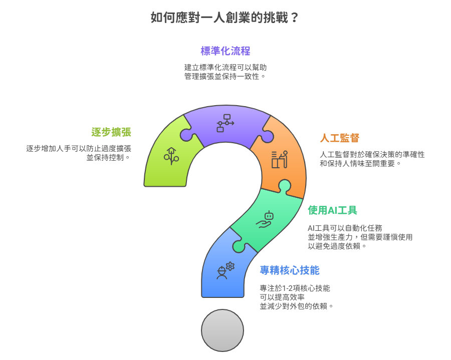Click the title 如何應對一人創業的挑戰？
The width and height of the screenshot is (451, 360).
(224, 18)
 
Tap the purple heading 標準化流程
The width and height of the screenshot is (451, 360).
(225, 51)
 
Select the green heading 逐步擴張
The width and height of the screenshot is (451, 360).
(111, 132)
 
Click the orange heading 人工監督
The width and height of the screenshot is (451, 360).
(340, 138)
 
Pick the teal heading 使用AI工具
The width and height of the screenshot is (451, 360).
(333, 210)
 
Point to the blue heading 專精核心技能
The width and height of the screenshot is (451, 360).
(290, 270)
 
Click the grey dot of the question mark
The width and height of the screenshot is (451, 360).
(222, 330)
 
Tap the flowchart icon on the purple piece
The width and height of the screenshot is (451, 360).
(225, 123)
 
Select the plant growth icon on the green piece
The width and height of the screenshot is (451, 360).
(171, 156)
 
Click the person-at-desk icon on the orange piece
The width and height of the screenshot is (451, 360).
(280, 159)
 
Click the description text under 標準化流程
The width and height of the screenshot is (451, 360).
(225, 72)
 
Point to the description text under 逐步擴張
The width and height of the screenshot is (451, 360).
(79, 153)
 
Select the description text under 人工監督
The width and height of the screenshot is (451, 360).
(372, 159)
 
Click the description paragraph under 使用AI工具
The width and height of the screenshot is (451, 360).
(360, 237)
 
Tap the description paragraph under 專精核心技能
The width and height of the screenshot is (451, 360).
(296, 297)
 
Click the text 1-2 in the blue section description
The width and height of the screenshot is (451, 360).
(288, 288)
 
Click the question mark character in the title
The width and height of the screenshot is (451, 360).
(294, 18)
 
